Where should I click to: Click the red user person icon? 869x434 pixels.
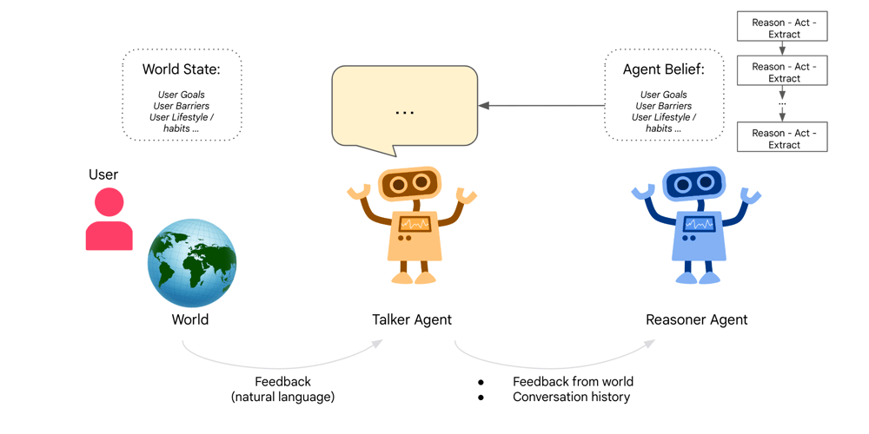click(109, 221)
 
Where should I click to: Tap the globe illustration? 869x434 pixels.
click(192, 263)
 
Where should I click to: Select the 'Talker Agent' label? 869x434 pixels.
click(412, 319)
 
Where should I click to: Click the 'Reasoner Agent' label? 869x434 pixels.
click(696, 319)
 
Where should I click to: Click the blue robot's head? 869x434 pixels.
click(693, 183)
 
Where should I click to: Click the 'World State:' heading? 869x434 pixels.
click(182, 69)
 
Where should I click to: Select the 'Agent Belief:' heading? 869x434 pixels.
click(663, 69)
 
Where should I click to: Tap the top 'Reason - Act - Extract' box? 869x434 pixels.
click(782, 28)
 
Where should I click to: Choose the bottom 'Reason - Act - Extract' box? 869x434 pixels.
click(782, 138)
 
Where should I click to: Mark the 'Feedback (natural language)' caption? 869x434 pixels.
click(282, 389)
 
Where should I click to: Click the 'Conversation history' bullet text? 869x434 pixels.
click(571, 397)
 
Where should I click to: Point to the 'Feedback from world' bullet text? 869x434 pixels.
click(573, 381)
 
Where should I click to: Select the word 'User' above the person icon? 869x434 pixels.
click(103, 174)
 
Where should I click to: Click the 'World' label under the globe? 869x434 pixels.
click(190, 319)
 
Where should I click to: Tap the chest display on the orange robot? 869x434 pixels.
click(414, 223)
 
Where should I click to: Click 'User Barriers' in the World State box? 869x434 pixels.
click(182, 106)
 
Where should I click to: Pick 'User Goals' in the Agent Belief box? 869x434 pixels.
click(663, 95)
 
